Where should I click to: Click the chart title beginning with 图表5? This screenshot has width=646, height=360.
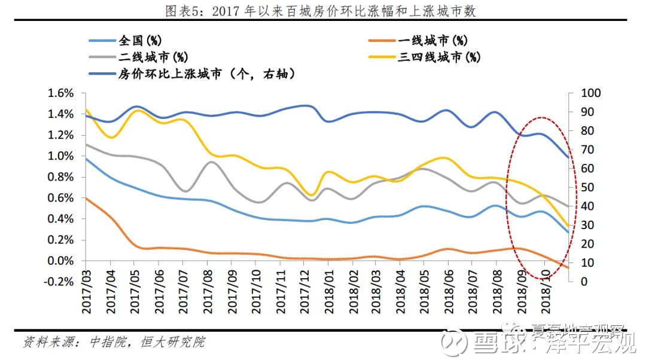323,11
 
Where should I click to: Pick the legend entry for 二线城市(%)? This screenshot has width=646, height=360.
153,57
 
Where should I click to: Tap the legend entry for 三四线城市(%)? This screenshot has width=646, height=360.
440,57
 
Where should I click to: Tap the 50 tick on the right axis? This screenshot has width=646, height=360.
580,187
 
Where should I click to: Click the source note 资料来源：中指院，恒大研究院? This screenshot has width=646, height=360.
114,342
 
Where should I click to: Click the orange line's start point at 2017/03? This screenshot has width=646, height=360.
85,198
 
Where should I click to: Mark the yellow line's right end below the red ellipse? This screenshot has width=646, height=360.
568,227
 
